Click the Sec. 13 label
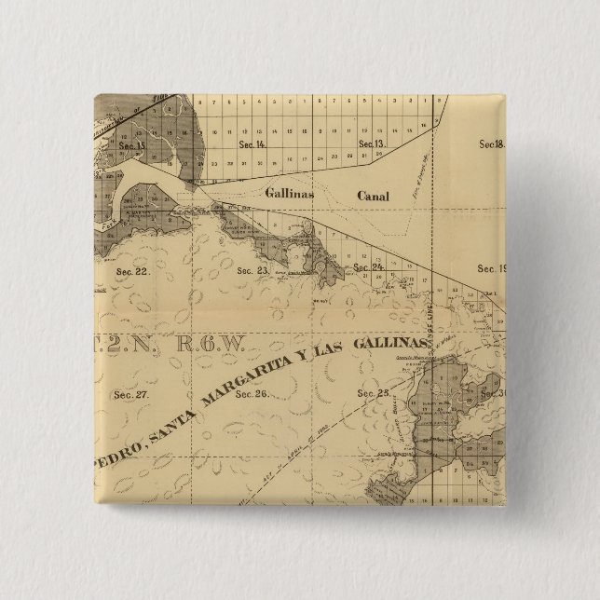point(371,143)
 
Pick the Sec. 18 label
point(491,143)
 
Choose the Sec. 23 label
point(252,271)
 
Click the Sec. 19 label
point(491,268)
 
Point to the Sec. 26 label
point(252,393)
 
